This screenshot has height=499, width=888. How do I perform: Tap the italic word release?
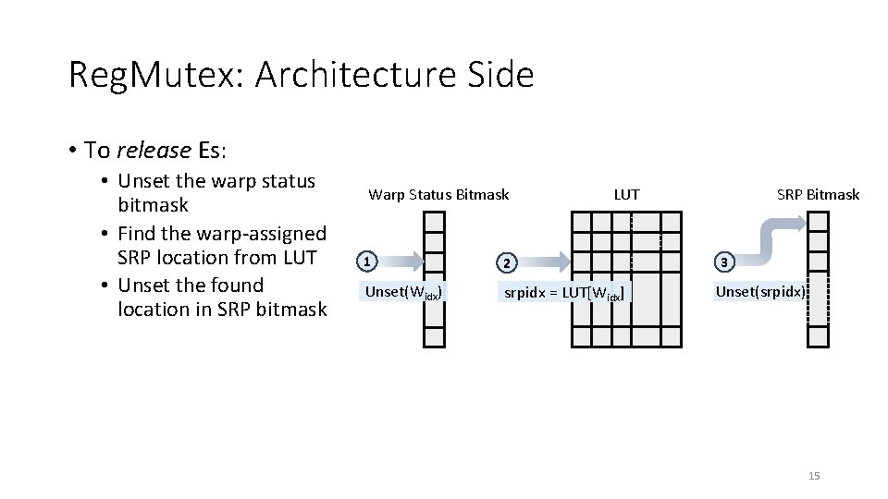coord(153,150)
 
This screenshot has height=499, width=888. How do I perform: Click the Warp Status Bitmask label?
coord(438,194)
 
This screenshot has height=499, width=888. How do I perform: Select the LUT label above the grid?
coord(626,194)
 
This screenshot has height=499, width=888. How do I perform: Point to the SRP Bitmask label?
coord(818,194)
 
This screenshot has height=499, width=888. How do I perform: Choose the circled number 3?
coord(725,262)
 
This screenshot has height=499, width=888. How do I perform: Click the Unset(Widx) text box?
coord(404,293)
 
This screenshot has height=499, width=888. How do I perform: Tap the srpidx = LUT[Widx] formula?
coord(563,294)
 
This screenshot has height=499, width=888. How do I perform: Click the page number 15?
coord(814,476)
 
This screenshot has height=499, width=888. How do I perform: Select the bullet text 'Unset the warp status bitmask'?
coord(217,192)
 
